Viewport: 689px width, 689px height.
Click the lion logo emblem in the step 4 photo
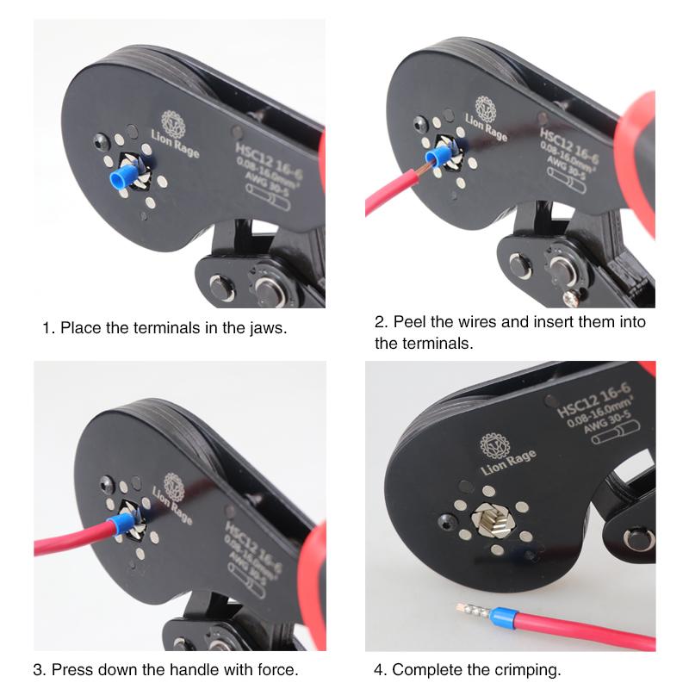tap(494, 445)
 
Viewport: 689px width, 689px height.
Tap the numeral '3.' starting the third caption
tap(39, 669)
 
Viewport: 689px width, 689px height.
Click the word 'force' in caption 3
tap(278, 669)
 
